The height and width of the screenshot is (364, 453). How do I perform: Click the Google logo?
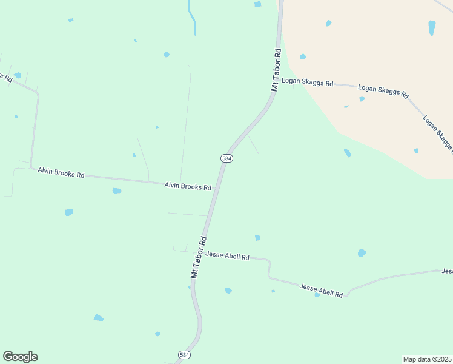point(20,357)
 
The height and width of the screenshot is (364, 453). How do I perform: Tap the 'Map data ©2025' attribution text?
point(427,359)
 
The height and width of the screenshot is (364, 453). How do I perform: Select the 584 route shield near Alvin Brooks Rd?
point(226,158)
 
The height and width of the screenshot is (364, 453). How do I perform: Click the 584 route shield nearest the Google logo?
point(185,354)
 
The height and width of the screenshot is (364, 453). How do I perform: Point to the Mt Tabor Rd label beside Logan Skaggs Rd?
point(277,70)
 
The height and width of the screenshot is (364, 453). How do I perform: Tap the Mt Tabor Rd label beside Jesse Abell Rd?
point(199,257)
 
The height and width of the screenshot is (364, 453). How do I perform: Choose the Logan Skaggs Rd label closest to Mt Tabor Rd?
point(307,82)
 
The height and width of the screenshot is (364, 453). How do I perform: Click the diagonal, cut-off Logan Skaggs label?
point(437,132)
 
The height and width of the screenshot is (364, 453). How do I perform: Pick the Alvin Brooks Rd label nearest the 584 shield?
point(188,186)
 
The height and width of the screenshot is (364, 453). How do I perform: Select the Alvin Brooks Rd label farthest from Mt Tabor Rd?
point(61,172)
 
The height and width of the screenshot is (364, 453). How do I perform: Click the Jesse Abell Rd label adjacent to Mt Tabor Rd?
point(227,256)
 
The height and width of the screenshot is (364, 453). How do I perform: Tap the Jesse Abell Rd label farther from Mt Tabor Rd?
point(321,290)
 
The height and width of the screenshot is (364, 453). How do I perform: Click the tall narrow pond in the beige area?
point(432,28)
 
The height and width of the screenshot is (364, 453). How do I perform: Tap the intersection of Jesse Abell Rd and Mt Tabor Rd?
point(200,252)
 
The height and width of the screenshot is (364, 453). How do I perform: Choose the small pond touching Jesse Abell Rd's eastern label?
point(317,295)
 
